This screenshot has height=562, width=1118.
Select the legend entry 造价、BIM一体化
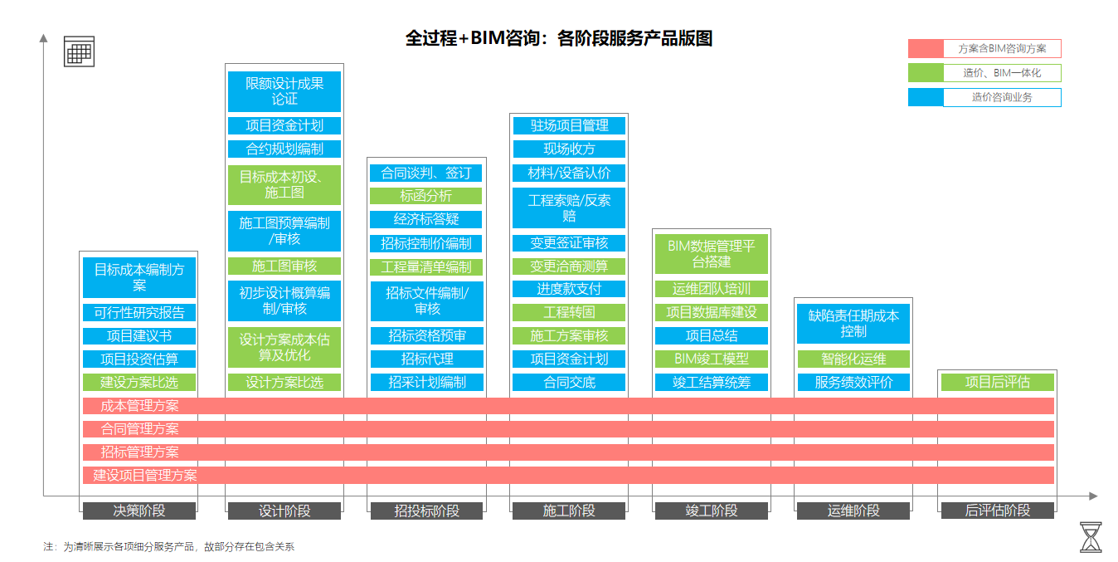(1001, 73)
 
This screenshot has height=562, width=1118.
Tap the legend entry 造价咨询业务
(1001, 97)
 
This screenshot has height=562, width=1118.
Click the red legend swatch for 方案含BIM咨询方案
(926, 49)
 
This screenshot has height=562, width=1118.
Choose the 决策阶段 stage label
(139, 511)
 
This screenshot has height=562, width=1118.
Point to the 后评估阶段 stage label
(997, 511)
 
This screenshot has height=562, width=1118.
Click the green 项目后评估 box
(997, 382)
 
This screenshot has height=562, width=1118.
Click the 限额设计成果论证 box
(284, 91)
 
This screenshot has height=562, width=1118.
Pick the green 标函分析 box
(425, 196)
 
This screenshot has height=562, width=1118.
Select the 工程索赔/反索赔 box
(569, 208)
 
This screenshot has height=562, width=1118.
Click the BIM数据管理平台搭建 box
(712, 254)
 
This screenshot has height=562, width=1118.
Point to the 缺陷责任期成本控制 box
(853, 324)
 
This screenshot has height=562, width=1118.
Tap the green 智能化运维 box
(853, 359)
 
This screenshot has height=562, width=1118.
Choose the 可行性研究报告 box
(139, 313)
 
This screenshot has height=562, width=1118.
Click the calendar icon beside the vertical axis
(79, 51)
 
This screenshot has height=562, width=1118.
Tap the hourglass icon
(1091, 537)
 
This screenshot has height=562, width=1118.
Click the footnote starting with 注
(169, 546)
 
